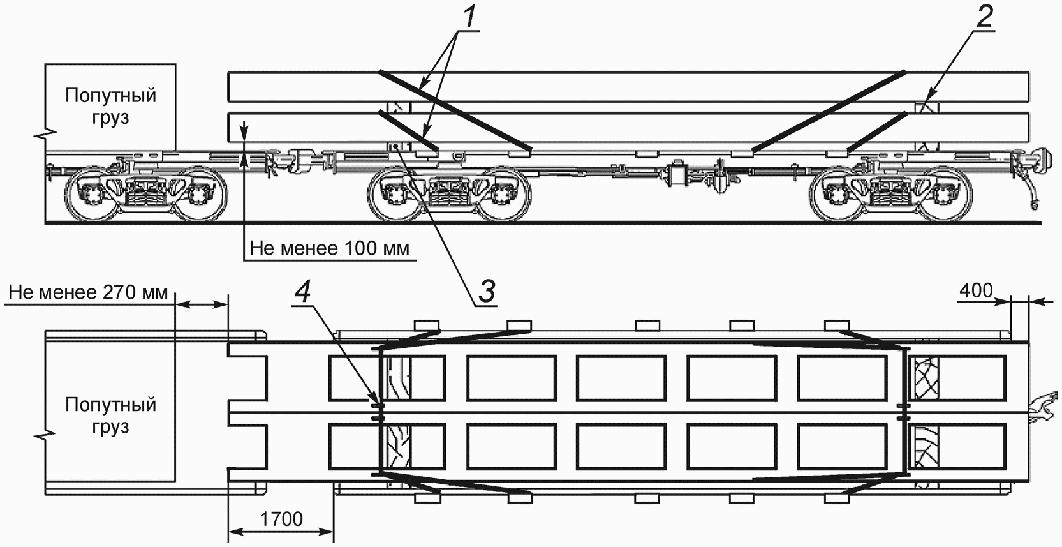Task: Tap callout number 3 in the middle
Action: pos(487,291)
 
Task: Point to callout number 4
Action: pos(303,293)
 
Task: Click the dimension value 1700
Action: pos(281,520)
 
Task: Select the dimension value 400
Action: pos(976,290)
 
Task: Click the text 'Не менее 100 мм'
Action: pos(330,248)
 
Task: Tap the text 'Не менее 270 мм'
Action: pos(88,292)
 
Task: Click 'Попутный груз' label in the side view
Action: pos(110,106)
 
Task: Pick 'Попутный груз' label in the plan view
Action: pos(110,416)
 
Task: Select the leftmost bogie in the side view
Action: pos(146,191)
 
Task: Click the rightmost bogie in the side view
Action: pos(891,191)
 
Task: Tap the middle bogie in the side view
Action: pos(450,191)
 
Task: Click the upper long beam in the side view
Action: pos(629,87)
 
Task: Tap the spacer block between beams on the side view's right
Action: pos(926,108)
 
